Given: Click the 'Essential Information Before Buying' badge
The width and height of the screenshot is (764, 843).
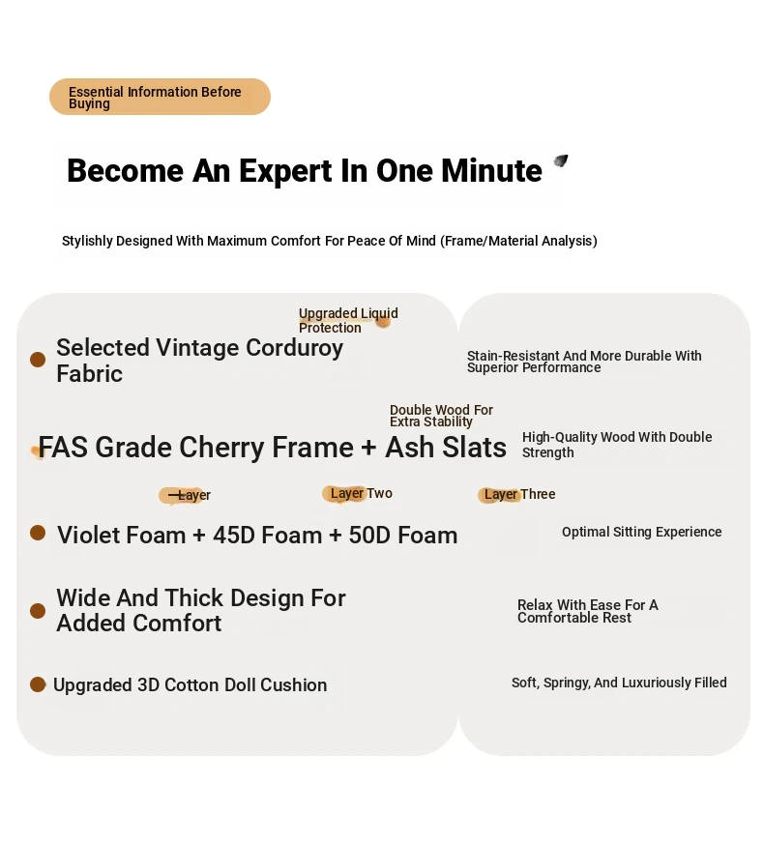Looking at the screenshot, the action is coord(160,97).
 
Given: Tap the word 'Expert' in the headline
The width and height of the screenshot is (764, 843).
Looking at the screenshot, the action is coord(285,171).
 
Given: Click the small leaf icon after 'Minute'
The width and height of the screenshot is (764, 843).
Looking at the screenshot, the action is coord(561,160).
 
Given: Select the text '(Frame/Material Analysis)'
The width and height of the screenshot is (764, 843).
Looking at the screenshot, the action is coord(518,241).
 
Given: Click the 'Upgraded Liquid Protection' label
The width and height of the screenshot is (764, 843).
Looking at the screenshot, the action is coord(348,320).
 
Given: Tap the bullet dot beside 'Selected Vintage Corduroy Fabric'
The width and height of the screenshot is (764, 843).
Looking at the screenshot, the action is coord(38,360).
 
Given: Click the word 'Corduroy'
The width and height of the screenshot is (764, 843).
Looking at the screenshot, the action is coord(295,348).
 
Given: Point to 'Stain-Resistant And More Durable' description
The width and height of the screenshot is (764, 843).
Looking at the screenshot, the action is coord(584,362).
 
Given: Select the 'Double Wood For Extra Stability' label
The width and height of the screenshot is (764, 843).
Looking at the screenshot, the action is coord(441,416).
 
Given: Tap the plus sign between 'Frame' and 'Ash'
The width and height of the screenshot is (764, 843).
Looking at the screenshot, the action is coord(368,448).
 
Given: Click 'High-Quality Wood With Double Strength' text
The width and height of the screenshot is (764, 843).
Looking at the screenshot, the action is coord(617,445).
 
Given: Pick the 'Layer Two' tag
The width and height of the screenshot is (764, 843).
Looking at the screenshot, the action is coord(361,494).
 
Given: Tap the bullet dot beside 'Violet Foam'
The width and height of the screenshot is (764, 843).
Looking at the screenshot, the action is coord(38,533).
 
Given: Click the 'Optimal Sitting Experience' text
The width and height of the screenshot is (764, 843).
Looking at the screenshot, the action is coord(641,533).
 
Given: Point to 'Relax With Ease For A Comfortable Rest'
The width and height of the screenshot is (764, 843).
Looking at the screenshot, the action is coord(588,611).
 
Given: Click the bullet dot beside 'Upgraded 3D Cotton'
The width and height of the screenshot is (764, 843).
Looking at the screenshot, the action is coord(38,684).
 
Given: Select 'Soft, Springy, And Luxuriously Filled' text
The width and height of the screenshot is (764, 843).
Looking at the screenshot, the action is coord(619,683).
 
